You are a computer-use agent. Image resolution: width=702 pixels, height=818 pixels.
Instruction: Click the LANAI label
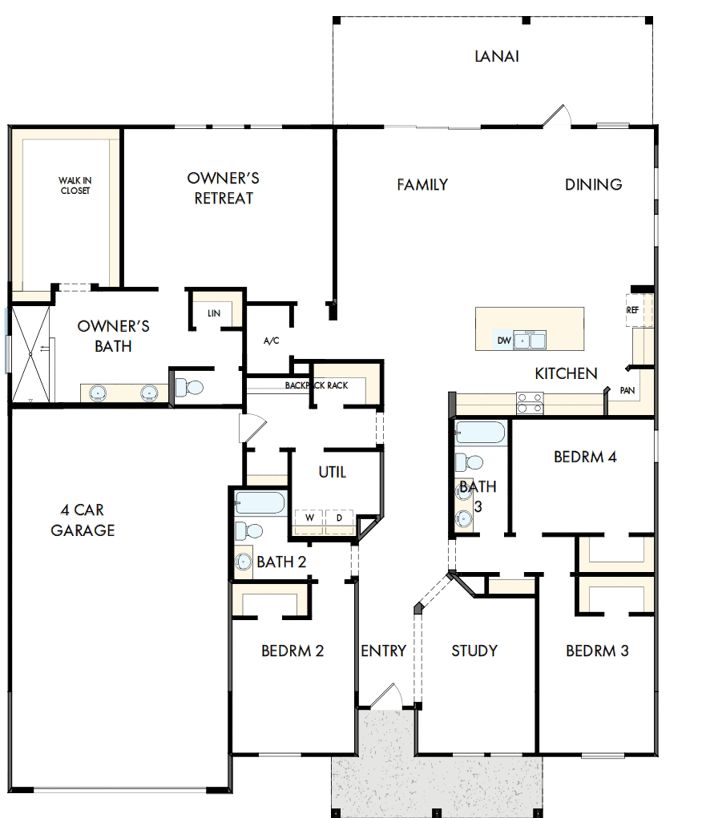[496, 56]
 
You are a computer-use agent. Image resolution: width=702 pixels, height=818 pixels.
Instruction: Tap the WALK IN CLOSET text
[74, 186]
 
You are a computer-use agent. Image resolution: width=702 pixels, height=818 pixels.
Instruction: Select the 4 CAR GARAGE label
[83, 520]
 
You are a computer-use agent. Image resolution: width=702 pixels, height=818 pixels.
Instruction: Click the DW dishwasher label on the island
[503, 340]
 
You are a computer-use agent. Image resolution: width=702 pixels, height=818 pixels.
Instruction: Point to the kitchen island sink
[530, 340]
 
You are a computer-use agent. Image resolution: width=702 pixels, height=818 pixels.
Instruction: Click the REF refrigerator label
[631, 309]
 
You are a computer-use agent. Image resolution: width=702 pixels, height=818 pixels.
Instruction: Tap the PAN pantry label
[627, 391]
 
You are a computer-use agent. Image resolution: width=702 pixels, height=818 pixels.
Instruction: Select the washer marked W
[308, 518]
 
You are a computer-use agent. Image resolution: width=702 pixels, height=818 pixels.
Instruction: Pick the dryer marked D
[339, 518]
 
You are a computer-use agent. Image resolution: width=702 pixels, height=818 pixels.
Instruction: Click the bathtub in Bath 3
[479, 434]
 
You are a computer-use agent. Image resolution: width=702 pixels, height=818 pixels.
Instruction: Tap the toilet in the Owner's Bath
[190, 388]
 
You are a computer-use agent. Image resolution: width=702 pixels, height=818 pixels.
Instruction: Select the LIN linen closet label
[213, 313]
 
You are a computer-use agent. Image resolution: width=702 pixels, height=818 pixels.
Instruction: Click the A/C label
[271, 341]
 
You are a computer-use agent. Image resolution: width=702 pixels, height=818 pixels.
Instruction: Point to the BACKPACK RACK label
[317, 385]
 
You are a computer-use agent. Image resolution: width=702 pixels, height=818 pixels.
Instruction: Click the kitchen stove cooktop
[530, 402]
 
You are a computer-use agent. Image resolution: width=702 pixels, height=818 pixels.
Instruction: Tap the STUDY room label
[474, 651]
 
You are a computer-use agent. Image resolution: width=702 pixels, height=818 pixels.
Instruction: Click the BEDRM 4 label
[585, 457]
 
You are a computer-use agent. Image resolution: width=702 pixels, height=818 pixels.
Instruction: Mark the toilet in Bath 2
[252, 530]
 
